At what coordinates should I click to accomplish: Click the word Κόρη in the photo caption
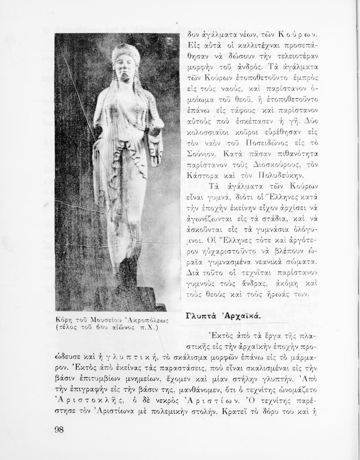(62, 320)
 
